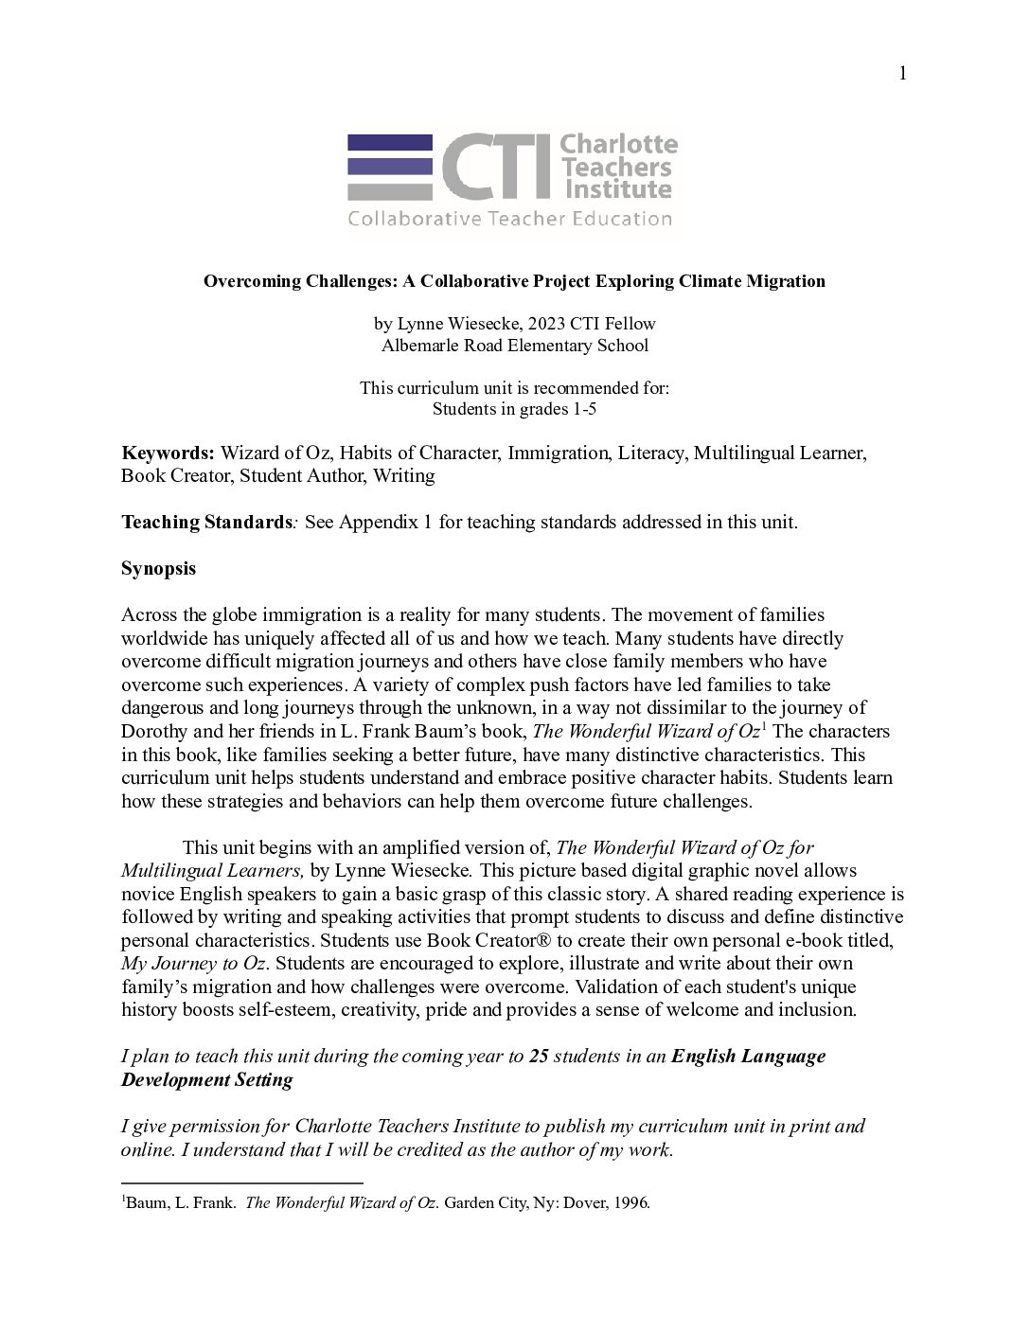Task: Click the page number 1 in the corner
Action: (x=902, y=74)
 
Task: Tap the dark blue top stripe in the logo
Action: (x=390, y=142)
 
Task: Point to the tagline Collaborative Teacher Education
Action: (x=509, y=219)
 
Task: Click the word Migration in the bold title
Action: (x=785, y=281)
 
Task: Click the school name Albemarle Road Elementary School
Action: (x=514, y=346)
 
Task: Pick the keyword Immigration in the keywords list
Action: (x=558, y=453)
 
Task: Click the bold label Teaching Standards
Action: (x=205, y=522)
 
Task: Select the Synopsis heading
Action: (x=158, y=568)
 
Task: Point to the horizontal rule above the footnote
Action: (x=242, y=1182)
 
